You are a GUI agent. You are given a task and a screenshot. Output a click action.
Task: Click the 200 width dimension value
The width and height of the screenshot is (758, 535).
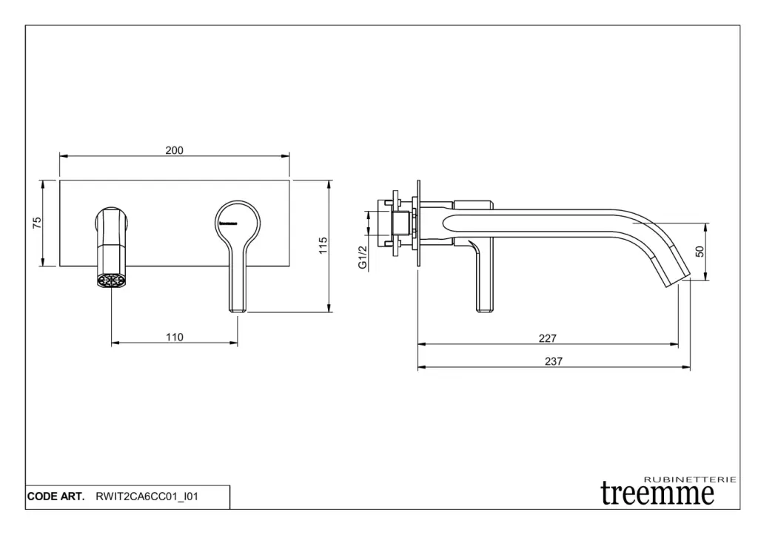tap(175, 150)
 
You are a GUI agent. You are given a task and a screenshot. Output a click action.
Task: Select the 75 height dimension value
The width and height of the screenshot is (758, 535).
tap(37, 223)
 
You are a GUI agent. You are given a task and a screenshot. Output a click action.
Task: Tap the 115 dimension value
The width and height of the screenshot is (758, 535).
tap(323, 246)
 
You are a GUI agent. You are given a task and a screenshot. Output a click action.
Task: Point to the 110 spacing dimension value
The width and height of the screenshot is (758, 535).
tap(175, 337)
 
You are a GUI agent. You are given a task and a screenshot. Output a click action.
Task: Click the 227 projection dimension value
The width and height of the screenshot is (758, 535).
tap(548, 338)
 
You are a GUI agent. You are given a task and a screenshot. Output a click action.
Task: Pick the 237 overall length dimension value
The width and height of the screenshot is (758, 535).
tap(554, 361)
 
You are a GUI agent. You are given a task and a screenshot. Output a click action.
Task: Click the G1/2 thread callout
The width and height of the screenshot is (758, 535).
tap(363, 258)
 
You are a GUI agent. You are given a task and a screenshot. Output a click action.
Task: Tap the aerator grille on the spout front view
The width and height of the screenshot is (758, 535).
tap(111, 280)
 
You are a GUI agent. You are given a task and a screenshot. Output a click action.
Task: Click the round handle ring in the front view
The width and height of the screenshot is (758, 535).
tap(238, 203)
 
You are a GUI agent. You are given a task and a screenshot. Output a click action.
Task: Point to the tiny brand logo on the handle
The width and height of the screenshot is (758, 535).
tap(228, 223)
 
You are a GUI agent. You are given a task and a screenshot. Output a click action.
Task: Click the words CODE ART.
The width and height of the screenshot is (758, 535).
tap(56, 497)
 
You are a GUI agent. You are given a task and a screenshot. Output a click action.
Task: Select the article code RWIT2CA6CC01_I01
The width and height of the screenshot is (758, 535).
tap(147, 497)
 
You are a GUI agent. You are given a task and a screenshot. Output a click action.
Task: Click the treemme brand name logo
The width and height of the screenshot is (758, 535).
tap(657, 493)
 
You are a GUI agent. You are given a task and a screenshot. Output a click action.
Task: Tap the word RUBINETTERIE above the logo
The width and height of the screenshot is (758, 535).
tap(691, 480)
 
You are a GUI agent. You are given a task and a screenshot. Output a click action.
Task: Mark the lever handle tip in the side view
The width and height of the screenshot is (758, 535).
tap(485, 309)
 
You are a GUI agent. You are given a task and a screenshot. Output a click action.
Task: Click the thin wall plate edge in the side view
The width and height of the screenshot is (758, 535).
tap(419, 223)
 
